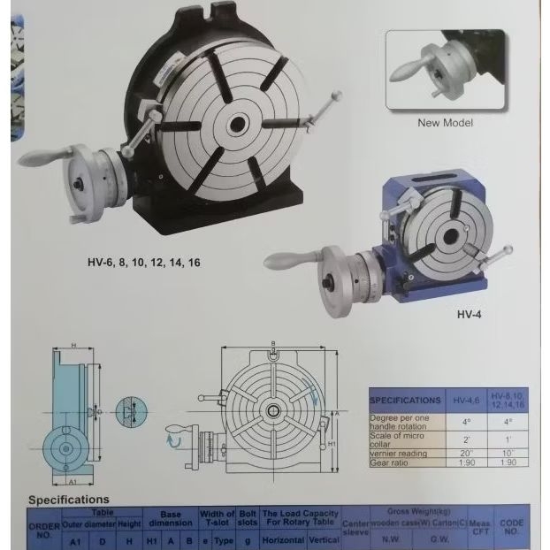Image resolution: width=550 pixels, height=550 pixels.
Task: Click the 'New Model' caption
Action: click(x=445, y=123)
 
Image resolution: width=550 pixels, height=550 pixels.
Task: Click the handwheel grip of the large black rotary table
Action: click(x=39, y=157)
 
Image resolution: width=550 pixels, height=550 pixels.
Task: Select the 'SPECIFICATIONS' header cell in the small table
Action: click(x=405, y=401)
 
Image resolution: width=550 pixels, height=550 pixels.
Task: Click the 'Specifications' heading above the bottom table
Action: click(x=68, y=500)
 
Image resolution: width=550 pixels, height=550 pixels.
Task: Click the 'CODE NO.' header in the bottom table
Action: click(x=512, y=527)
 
